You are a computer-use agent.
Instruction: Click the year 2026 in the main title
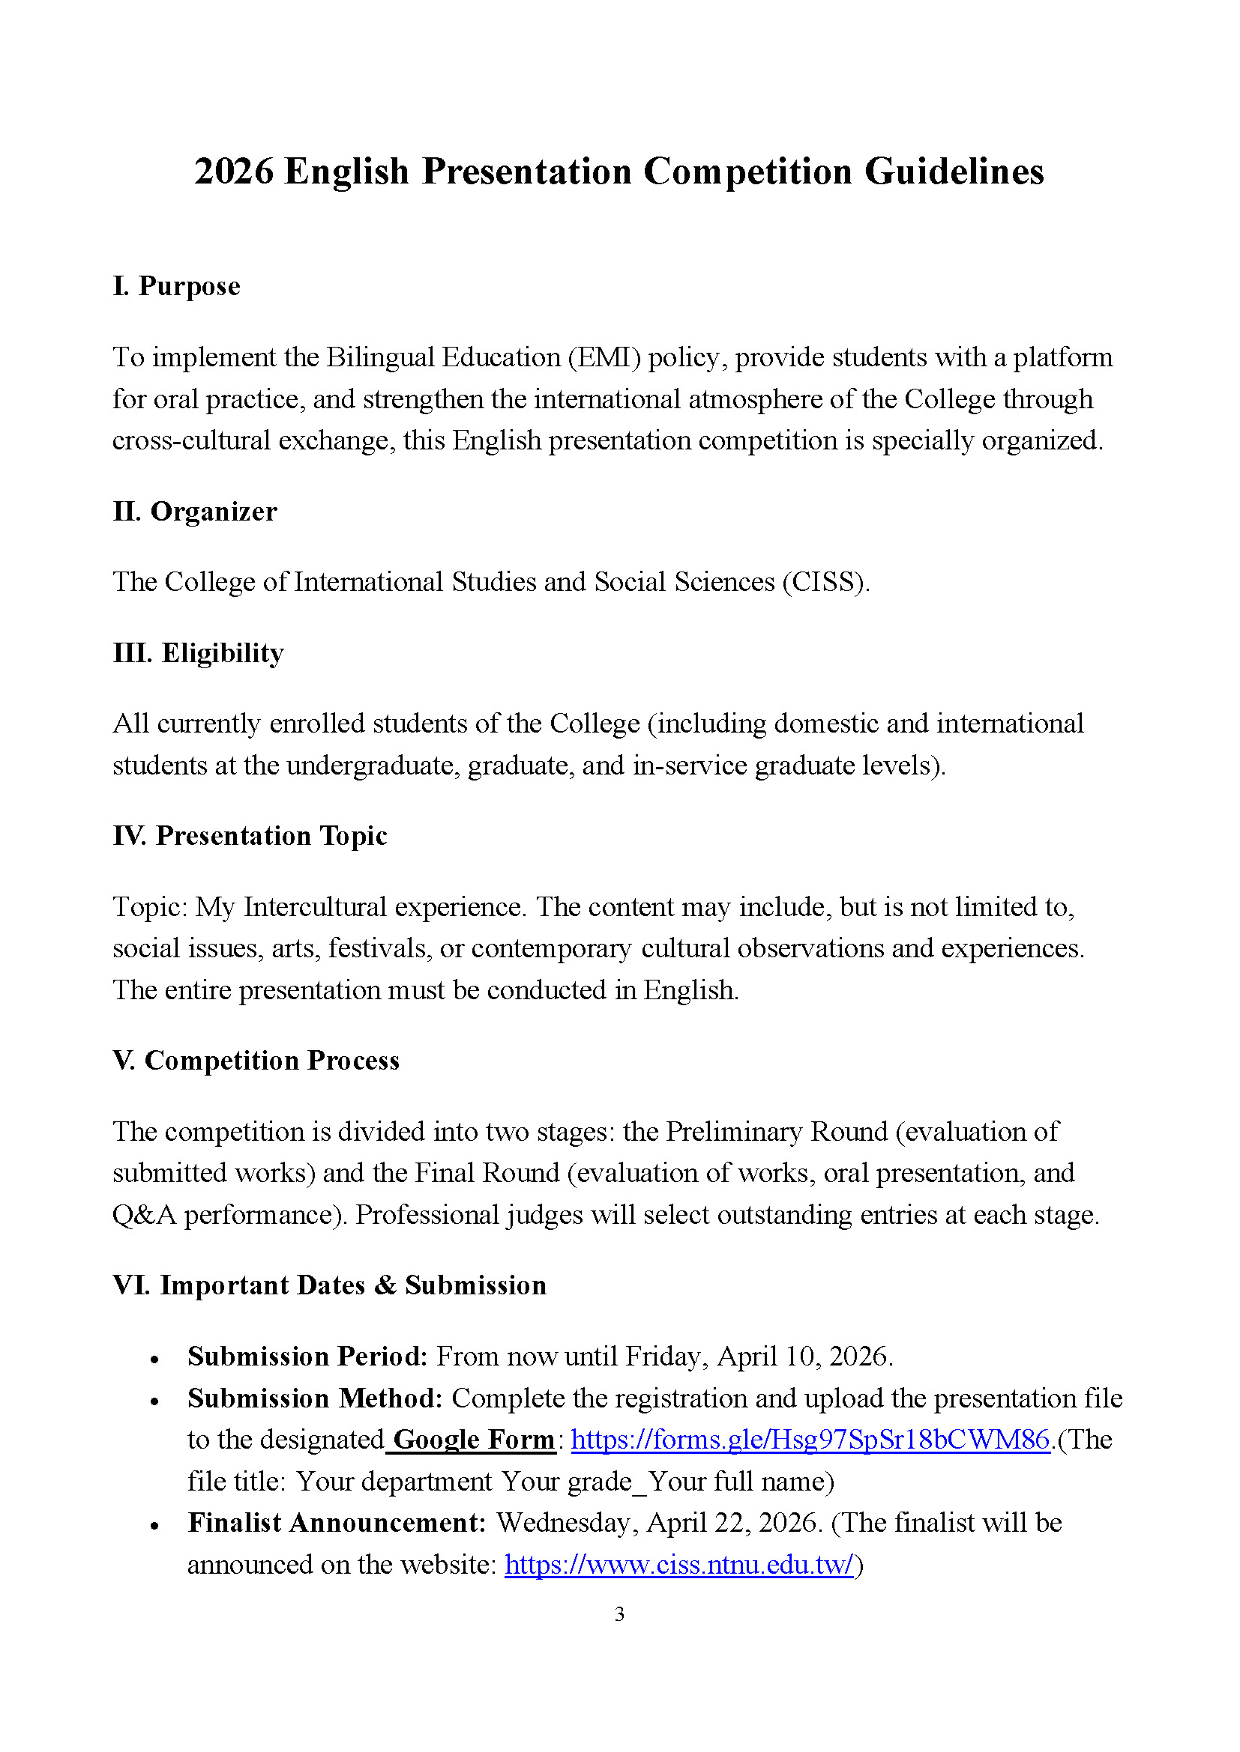234,172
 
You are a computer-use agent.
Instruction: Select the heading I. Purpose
176,286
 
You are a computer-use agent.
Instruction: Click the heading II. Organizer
195,512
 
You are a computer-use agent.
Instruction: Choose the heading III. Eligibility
199,653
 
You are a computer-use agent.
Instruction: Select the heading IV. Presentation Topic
250,836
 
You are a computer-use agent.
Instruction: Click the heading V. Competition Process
256,1061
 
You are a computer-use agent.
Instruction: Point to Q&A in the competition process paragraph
144,1215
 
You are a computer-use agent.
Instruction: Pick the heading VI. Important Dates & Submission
330,1285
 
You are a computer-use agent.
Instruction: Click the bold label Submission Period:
307,1357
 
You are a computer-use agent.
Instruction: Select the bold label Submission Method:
315,1398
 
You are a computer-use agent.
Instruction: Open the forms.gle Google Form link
810,1440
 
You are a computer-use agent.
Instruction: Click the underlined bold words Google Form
473,1440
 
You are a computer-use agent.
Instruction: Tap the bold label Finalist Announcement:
337,1522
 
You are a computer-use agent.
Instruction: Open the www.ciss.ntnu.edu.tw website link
678,1564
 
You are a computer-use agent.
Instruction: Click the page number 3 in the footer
619,1614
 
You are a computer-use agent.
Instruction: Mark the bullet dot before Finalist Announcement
155,1525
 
